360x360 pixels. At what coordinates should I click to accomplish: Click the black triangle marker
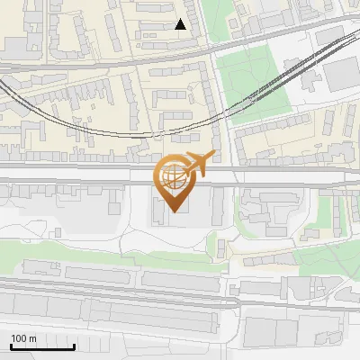(181, 24)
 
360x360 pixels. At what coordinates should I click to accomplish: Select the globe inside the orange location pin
(173, 177)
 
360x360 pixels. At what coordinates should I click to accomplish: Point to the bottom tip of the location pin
(174, 211)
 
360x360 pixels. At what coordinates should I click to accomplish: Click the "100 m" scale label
(24, 339)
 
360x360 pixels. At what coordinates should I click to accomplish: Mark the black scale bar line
(42, 347)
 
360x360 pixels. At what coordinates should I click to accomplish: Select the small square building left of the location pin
(114, 208)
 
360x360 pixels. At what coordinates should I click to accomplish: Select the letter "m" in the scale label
(32, 339)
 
